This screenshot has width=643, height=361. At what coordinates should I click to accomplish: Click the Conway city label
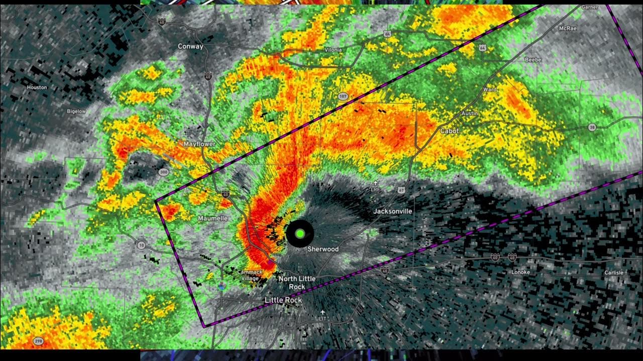tap(190, 47)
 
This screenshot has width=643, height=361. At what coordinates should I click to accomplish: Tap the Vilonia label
tap(333, 50)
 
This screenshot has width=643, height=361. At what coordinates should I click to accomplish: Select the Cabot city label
tap(450, 131)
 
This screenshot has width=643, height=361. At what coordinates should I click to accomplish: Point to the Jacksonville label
tap(392, 211)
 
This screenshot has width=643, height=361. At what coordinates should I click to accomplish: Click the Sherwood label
tap(323, 249)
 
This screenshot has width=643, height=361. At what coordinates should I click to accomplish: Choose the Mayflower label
tap(199, 144)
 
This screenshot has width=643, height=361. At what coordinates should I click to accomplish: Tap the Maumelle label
tap(212, 218)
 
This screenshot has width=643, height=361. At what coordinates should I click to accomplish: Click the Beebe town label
tap(533, 60)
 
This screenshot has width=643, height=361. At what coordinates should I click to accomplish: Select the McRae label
tap(568, 29)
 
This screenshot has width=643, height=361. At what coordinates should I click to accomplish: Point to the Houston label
tap(37, 87)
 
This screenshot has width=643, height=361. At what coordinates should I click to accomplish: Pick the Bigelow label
tap(76, 111)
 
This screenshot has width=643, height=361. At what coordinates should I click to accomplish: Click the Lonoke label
tap(520, 272)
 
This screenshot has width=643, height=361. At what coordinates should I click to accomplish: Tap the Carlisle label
tap(613, 272)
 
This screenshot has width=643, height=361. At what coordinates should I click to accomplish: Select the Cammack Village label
tap(250, 275)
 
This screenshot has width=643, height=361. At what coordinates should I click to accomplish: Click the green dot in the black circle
tap(300, 233)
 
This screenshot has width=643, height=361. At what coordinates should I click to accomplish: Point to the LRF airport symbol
tap(375, 184)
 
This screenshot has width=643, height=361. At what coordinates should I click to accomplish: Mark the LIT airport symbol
tap(323, 312)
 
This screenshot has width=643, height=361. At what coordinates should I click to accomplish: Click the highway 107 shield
tap(343, 96)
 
